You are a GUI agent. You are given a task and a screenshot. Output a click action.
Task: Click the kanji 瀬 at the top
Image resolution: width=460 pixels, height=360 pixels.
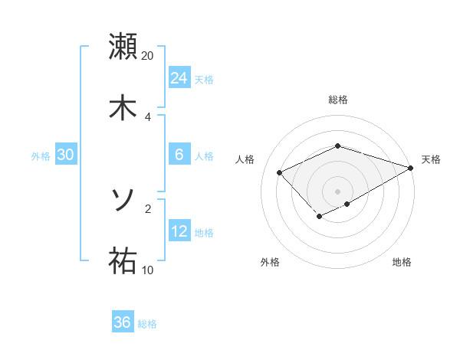coord(123,47)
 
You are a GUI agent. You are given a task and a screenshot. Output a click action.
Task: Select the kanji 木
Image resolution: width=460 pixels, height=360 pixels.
coord(123,106)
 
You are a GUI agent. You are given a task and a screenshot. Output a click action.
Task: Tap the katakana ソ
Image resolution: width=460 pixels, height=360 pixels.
coord(123,201)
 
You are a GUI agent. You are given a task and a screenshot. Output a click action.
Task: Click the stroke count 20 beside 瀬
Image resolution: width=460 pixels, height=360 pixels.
coord(148,57)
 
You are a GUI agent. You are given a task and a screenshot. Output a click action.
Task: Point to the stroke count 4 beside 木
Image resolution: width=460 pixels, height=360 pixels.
coord(148,116)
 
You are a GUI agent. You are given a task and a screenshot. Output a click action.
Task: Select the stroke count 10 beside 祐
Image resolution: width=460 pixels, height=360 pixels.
coord(148,270)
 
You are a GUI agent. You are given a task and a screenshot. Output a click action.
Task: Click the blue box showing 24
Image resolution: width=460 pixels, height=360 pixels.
coord(179,78)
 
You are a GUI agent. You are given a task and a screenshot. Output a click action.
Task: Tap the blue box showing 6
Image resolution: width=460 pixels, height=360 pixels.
coord(179,155)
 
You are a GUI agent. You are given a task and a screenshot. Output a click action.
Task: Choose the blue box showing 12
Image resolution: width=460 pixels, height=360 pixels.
coord(179,231)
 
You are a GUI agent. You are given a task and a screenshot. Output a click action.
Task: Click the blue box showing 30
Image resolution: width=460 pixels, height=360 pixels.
coord(66,155)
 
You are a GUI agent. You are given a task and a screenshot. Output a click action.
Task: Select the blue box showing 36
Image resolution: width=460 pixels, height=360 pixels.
coord(123,322)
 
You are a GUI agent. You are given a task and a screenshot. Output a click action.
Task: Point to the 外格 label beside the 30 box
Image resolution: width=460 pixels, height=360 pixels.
coord(41,156)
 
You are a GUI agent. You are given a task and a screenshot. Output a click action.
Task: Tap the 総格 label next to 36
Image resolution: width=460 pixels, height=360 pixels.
coord(147,324)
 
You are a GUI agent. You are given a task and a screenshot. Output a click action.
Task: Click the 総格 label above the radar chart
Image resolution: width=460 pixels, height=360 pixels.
coord(338,100)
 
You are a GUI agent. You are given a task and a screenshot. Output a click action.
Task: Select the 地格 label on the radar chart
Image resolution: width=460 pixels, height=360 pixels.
coord(402,263)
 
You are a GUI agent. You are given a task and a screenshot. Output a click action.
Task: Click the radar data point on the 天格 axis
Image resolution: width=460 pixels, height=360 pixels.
coord(412,169)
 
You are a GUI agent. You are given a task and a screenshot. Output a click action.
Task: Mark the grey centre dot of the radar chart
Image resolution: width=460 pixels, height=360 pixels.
coord(338,191)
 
